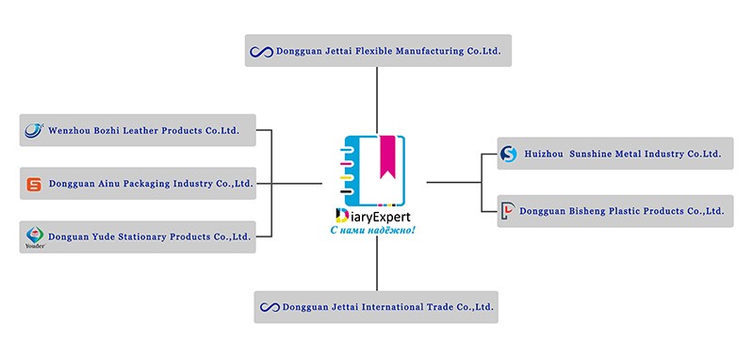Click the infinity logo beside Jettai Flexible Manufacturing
262,52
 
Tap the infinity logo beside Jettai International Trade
270,307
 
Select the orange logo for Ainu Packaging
34,184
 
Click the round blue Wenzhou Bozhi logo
34,130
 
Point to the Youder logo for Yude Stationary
35,237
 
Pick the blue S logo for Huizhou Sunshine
508,154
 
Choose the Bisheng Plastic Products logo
507,211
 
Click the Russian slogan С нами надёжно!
372,230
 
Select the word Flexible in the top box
372,51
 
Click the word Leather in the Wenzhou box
140,130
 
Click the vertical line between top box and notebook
376,101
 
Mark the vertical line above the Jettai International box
376,263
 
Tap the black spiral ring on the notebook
346,191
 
